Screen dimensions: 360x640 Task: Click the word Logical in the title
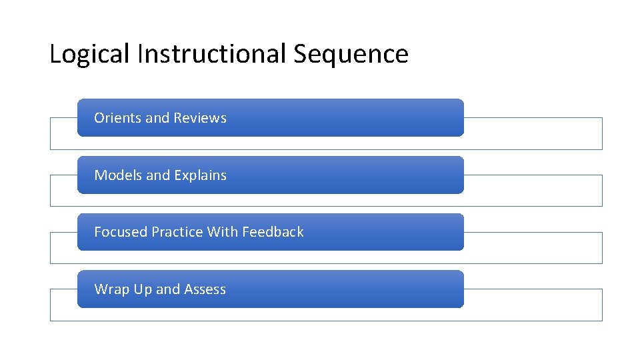pos(89,54)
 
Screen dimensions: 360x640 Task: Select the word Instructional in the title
pos(211,54)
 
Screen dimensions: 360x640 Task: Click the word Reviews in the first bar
pos(200,118)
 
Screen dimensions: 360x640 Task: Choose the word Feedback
pos(273,232)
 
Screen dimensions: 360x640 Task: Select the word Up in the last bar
pos(143,289)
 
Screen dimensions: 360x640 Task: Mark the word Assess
pos(205,289)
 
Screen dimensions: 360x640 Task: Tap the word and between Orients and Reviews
pos(158,118)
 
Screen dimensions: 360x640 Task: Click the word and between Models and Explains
pos(158,175)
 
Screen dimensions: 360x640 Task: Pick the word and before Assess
pos(168,289)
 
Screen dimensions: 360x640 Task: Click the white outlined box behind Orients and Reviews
pos(533,133)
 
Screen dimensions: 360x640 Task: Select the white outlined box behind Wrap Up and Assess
pos(533,305)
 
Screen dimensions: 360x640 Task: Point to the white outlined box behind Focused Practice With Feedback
pos(533,248)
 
